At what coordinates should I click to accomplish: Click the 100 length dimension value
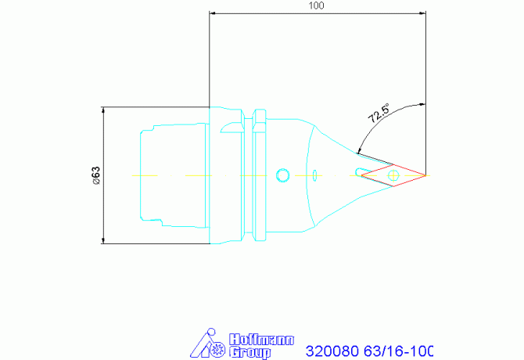pyautogui.click(x=316, y=5)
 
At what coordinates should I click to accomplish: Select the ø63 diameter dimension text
pyautogui.click(x=96, y=175)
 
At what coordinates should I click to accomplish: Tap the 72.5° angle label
pyautogui.click(x=379, y=113)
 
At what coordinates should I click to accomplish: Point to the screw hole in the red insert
pyautogui.click(x=393, y=175)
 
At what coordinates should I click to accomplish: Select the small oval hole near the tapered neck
pyautogui.click(x=314, y=175)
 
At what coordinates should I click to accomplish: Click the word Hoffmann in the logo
pyautogui.click(x=261, y=340)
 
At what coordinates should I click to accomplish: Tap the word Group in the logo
pyautogui.click(x=250, y=352)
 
